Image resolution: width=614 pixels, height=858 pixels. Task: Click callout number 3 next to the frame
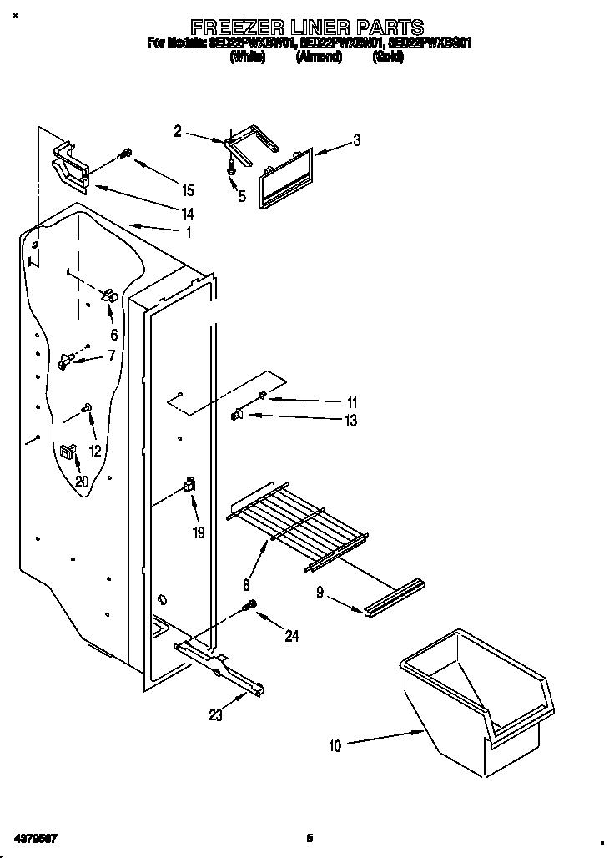tap(357, 140)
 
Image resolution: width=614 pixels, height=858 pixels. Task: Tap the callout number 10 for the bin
tap(335, 746)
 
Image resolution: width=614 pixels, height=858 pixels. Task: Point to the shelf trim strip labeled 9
tap(393, 597)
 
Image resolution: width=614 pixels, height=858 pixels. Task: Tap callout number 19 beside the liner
tap(199, 532)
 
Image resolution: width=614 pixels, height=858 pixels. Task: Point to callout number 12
tap(94, 450)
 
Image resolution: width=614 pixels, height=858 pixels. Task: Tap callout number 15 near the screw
tap(188, 189)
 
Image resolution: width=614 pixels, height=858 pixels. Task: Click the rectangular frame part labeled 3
tap(285, 175)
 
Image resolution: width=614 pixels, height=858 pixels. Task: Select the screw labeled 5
tap(230, 168)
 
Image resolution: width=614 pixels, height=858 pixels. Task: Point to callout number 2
tap(177, 130)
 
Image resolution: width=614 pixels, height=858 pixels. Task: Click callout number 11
tap(351, 402)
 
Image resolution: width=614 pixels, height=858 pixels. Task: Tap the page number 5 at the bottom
tap(309, 838)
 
